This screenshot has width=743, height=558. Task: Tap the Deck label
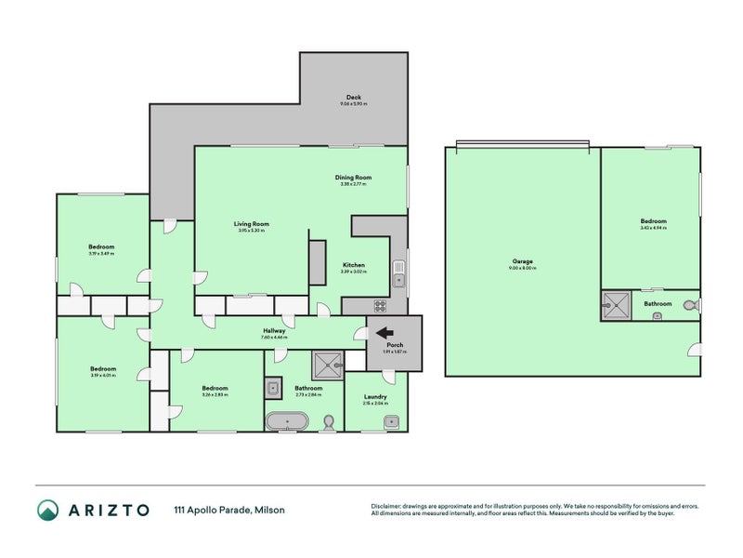(353, 98)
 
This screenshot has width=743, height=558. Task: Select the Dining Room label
(353, 177)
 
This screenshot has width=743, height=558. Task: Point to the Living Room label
(251, 224)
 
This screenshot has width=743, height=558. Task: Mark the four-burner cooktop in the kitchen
(380, 305)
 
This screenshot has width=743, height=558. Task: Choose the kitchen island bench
(318, 261)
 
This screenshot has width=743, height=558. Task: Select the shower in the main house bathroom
(326, 363)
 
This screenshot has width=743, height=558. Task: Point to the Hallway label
(273, 330)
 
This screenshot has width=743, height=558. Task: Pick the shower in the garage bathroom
(615, 304)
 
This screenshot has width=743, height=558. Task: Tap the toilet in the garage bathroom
(689, 304)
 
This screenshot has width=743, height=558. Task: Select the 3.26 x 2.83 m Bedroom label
(215, 388)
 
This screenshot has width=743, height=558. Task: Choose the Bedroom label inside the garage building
(653, 221)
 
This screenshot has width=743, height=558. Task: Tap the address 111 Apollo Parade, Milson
(229, 510)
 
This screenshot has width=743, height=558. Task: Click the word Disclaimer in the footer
(388, 506)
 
